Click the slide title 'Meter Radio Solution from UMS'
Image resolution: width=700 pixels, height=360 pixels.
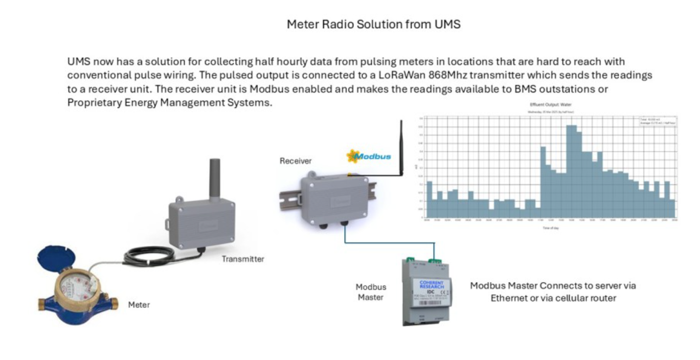click(373, 24)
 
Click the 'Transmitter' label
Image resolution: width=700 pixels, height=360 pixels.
click(243, 259)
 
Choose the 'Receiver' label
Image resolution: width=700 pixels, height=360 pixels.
click(296, 161)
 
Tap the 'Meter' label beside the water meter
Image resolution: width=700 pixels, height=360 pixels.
click(139, 305)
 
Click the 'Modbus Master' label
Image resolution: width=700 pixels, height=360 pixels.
click(371, 292)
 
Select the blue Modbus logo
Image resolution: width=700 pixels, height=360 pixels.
click(369, 156)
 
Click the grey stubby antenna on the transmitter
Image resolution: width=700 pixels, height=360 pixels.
click(215, 176)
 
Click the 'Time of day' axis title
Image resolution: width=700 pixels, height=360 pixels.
click(551, 228)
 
